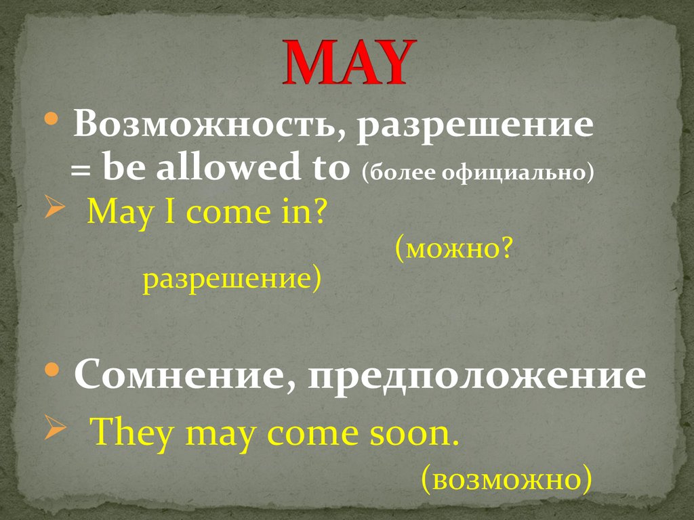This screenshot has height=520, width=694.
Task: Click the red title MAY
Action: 346,62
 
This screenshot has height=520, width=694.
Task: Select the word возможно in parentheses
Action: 506,479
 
